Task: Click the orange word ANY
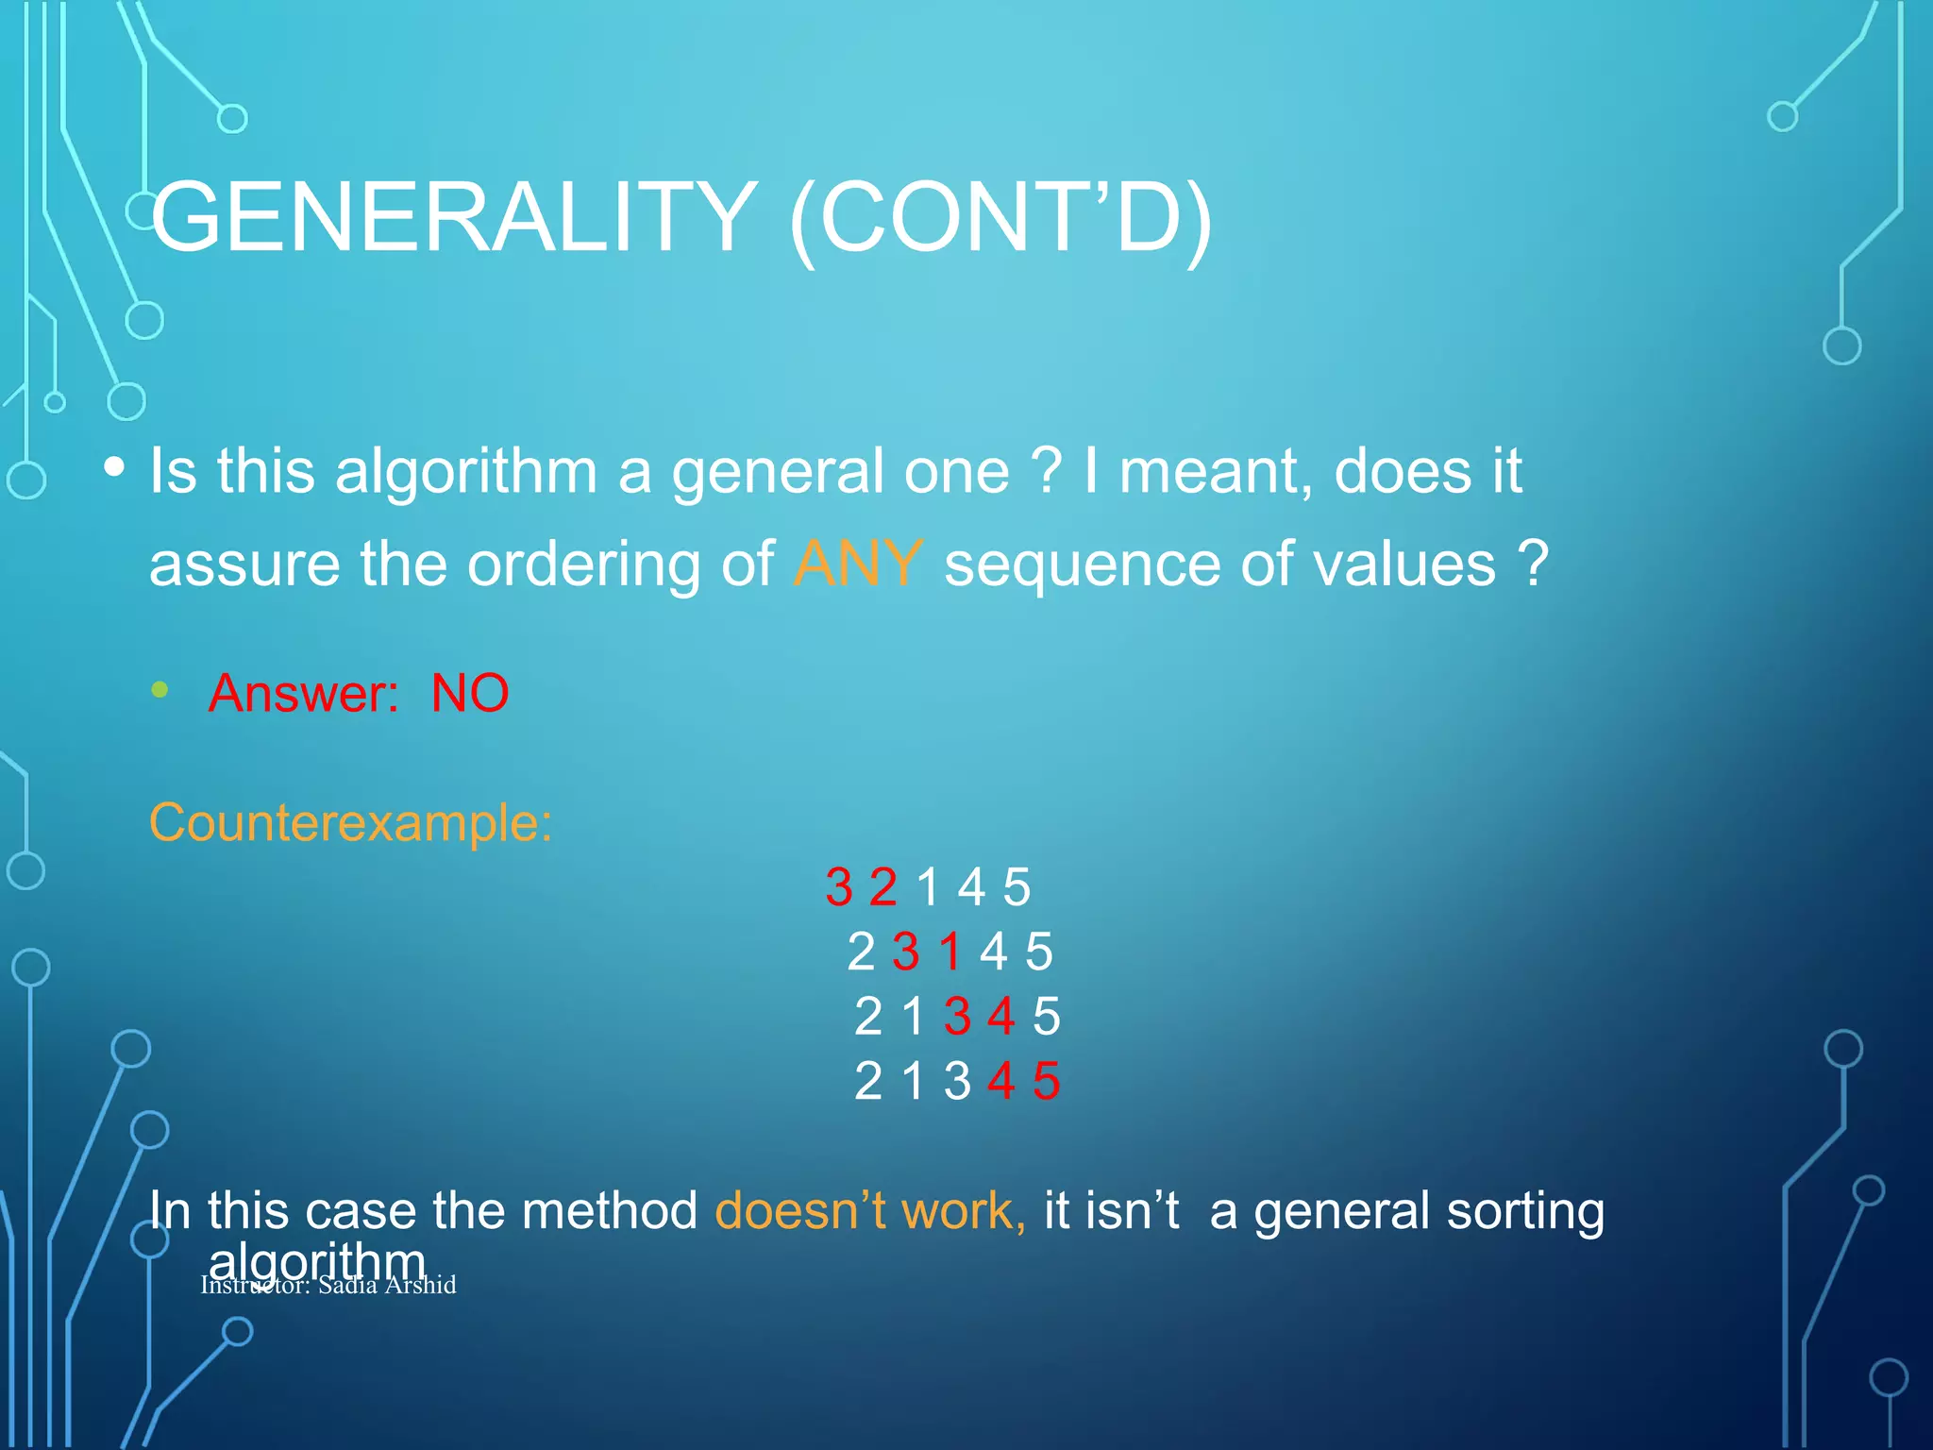tap(857, 564)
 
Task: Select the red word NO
tap(469, 693)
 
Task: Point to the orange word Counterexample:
tap(350, 822)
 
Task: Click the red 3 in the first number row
tap(838, 887)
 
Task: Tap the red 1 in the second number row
tap(950, 952)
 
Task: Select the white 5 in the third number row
tap(1046, 1017)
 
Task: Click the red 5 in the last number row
tap(1046, 1081)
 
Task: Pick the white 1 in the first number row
tap(928, 887)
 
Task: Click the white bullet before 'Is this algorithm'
tap(114, 467)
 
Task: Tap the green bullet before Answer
tap(160, 690)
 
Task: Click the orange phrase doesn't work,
tap(869, 1210)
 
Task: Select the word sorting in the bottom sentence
tap(1524, 1212)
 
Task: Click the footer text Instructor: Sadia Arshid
tap(328, 1285)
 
